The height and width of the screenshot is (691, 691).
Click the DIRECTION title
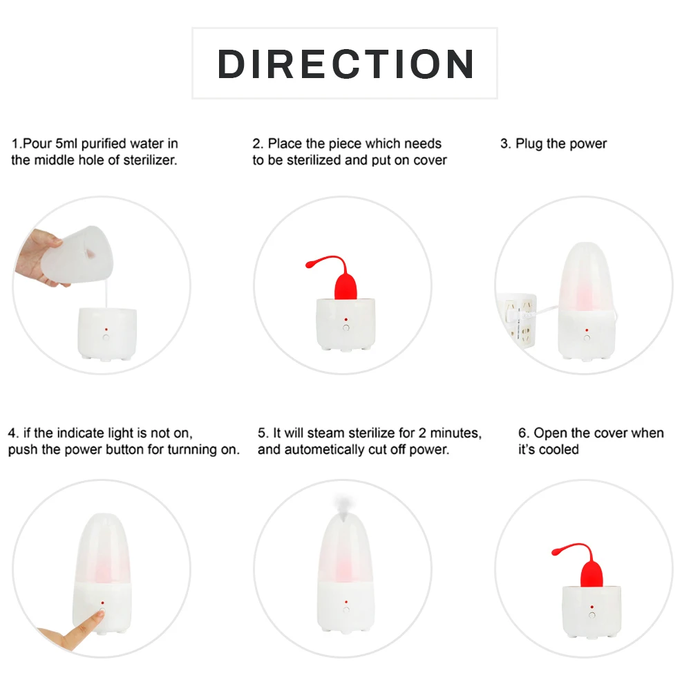coord(345,64)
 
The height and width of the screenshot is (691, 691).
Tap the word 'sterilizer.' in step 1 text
coord(150,160)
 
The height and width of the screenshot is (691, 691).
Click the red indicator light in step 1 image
coord(106,329)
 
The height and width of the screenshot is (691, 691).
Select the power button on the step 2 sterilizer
coord(346,328)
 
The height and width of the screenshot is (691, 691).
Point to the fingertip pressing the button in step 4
coord(100,614)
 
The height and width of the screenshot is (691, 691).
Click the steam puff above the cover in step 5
coord(342,503)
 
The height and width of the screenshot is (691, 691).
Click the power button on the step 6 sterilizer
coord(592,615)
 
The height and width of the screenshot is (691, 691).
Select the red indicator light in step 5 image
coord(346,602)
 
